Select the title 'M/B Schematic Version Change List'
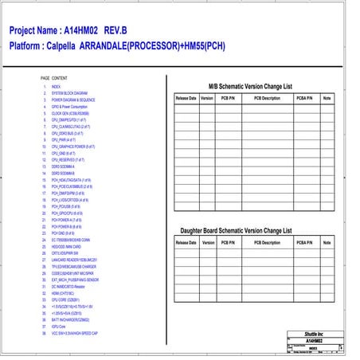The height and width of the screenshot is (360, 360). (249, 85)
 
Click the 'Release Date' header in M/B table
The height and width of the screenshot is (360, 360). (186, 98)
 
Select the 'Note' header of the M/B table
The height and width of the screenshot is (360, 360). (327, 98)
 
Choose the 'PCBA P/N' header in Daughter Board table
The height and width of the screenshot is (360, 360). (303, 242)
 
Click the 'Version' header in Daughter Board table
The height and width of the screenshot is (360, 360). (206, 242)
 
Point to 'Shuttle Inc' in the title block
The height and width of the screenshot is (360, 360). (314, 335)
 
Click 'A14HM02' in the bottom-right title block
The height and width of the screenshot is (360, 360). (314, 341)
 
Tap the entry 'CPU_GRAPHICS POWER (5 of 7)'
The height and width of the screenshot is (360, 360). (75, 147)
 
